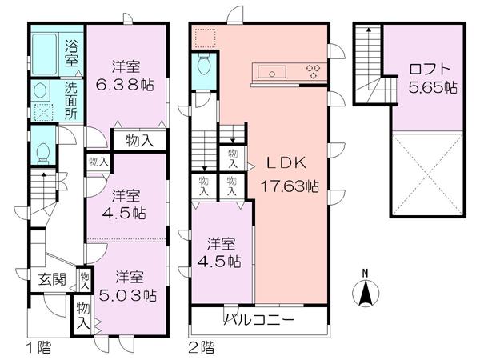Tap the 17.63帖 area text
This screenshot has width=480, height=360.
pos(291,186)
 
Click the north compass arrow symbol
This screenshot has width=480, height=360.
pos(366,291)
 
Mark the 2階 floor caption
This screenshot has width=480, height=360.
pos(202,348)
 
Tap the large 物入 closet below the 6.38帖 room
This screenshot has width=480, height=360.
pos(141,141)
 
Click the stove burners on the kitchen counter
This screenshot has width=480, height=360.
pos(313,71)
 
